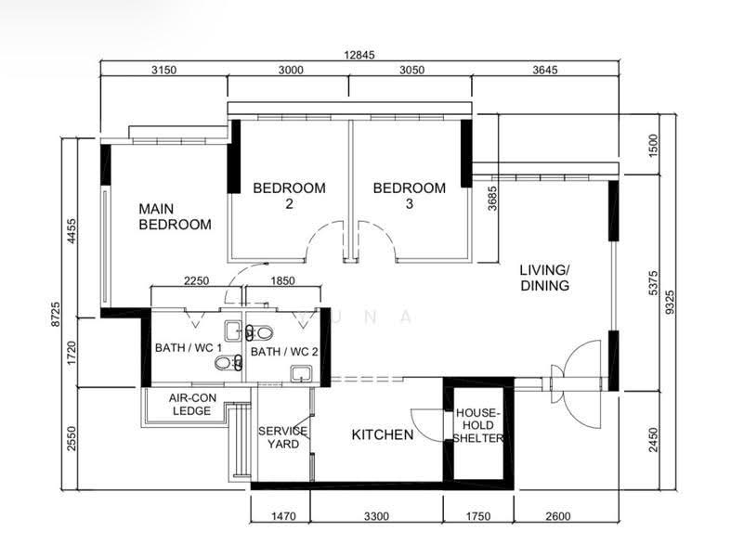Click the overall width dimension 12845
coord(359,55)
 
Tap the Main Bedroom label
coord(175,216)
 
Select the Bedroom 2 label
coord(289,195)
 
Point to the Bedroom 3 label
coord(410,195)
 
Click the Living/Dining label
coord(544,278)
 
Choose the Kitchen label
coord(383,434)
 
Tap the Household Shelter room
coord(478,431)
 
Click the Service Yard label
coord(283,437)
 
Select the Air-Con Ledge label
coord(192,404)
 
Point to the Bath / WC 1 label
coord(189,348)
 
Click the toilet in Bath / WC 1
coord(228,363)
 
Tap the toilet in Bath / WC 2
coord(259,332)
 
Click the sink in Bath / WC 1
coord(233,330)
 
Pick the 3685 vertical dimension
coord(493,199)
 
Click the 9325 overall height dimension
coord(670,303)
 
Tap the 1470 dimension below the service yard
coord(283,516)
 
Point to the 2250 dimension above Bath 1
coord(196,280)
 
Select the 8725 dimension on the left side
coord(56,314)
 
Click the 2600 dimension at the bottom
coord(557,516)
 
